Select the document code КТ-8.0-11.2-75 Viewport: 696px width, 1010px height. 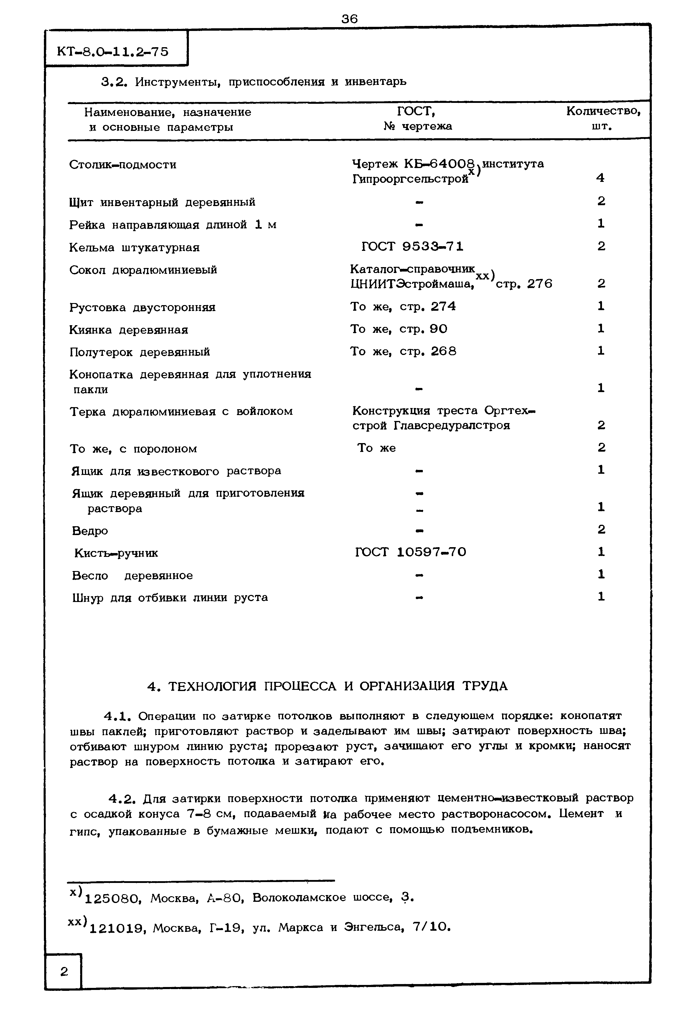[x=113, y=52]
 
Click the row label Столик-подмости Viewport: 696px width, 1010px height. [x=123, y=165]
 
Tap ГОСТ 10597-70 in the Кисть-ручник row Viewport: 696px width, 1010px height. [x=410, y=552]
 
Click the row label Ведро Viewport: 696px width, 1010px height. [x=90, y=531]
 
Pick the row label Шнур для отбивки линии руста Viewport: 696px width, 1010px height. [x=170, y=597]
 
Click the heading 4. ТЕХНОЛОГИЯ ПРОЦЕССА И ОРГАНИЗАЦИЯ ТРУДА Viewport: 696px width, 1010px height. [x=327, y=686]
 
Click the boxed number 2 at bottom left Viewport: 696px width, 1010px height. [x=64, y=972]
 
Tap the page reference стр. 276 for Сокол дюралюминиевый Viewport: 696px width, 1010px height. [x=524, y=284]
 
